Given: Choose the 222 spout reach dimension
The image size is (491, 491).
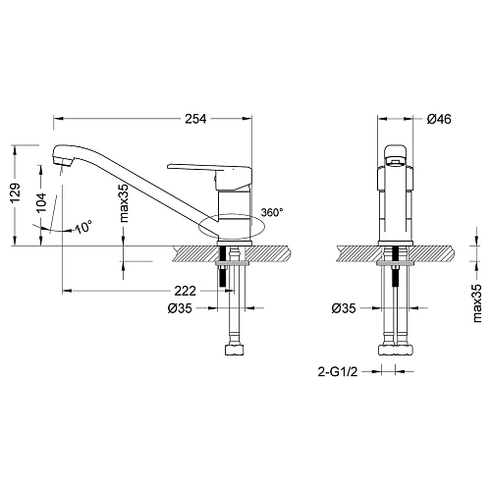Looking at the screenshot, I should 179,291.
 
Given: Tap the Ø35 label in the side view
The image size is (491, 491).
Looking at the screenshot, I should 179,307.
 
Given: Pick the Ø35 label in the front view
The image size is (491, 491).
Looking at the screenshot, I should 344,307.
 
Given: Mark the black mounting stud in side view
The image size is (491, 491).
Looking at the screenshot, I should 225,279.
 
